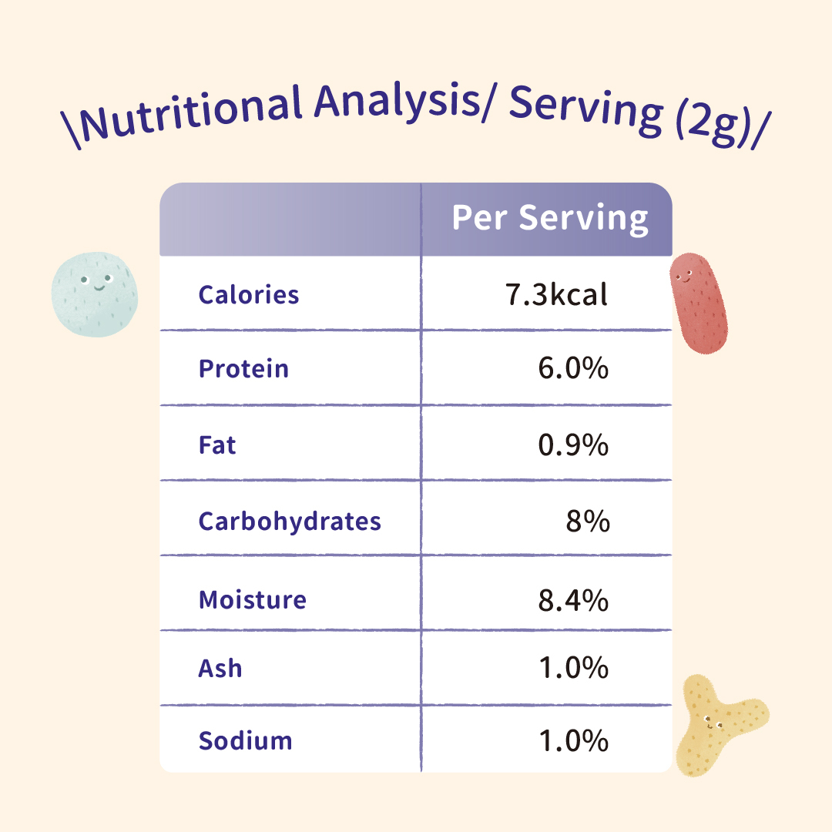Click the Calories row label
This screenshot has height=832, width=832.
[x=249, y=294]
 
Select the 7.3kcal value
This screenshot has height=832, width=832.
[x=557, y=294]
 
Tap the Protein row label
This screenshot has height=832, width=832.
[x=243, y=368]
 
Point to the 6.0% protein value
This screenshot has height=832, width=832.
[x=573, y=368]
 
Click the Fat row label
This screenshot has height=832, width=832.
[x=217, y=445]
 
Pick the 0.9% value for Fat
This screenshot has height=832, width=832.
[x=573, y=445]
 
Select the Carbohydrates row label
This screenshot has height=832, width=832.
[x=290, y=522]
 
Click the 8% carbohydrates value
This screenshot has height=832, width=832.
[x=588, y=522]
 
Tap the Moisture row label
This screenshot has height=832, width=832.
[x=253, y=599]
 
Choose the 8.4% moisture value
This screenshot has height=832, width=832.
[x=573, y=599]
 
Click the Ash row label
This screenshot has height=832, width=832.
[x=220, y=668]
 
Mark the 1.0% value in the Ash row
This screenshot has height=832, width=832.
[x=573, y=668]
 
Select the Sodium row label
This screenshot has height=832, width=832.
[x=246, y=741]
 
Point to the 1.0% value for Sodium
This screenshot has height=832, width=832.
[x=573, y=741]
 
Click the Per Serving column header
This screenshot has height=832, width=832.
[x=550, y=218]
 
